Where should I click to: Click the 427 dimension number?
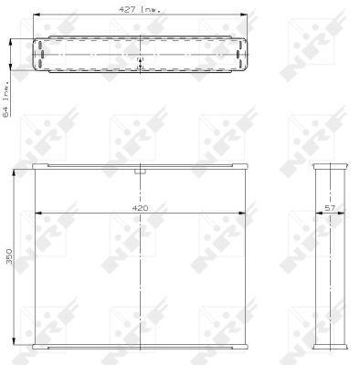coord(127,9)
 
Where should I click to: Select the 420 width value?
coord(140,208)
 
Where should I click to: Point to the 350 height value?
coord(10,256)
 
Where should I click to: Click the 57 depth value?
coord(330,208)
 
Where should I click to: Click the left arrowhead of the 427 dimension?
coord(37,15)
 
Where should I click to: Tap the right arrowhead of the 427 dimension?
coord(243,15)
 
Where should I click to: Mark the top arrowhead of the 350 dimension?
coord(14,173)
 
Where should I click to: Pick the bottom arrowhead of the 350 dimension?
coord(14,341)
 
